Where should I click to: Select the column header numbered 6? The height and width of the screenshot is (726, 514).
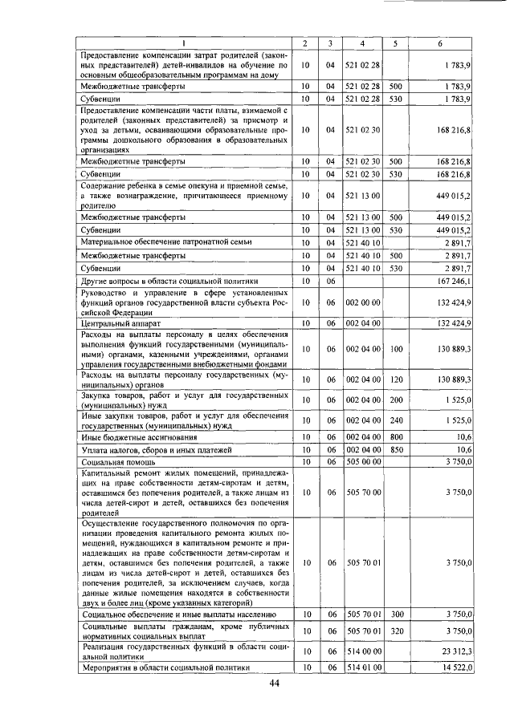click(x=440, y=42)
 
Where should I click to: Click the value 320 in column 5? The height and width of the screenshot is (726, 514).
click(x=395, y=631)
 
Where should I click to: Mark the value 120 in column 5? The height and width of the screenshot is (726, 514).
click(x=395, y=379)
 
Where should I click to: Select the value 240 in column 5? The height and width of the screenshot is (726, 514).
click(x=395, y=419)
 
